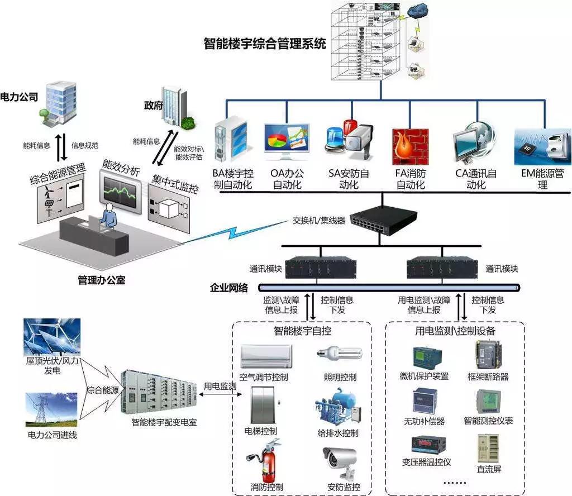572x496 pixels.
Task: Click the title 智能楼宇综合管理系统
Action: [265, 44]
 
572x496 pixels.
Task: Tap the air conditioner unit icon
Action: [266, 354]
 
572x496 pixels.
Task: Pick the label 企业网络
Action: [228, 288]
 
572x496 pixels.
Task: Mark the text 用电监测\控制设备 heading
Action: [455, 331]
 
